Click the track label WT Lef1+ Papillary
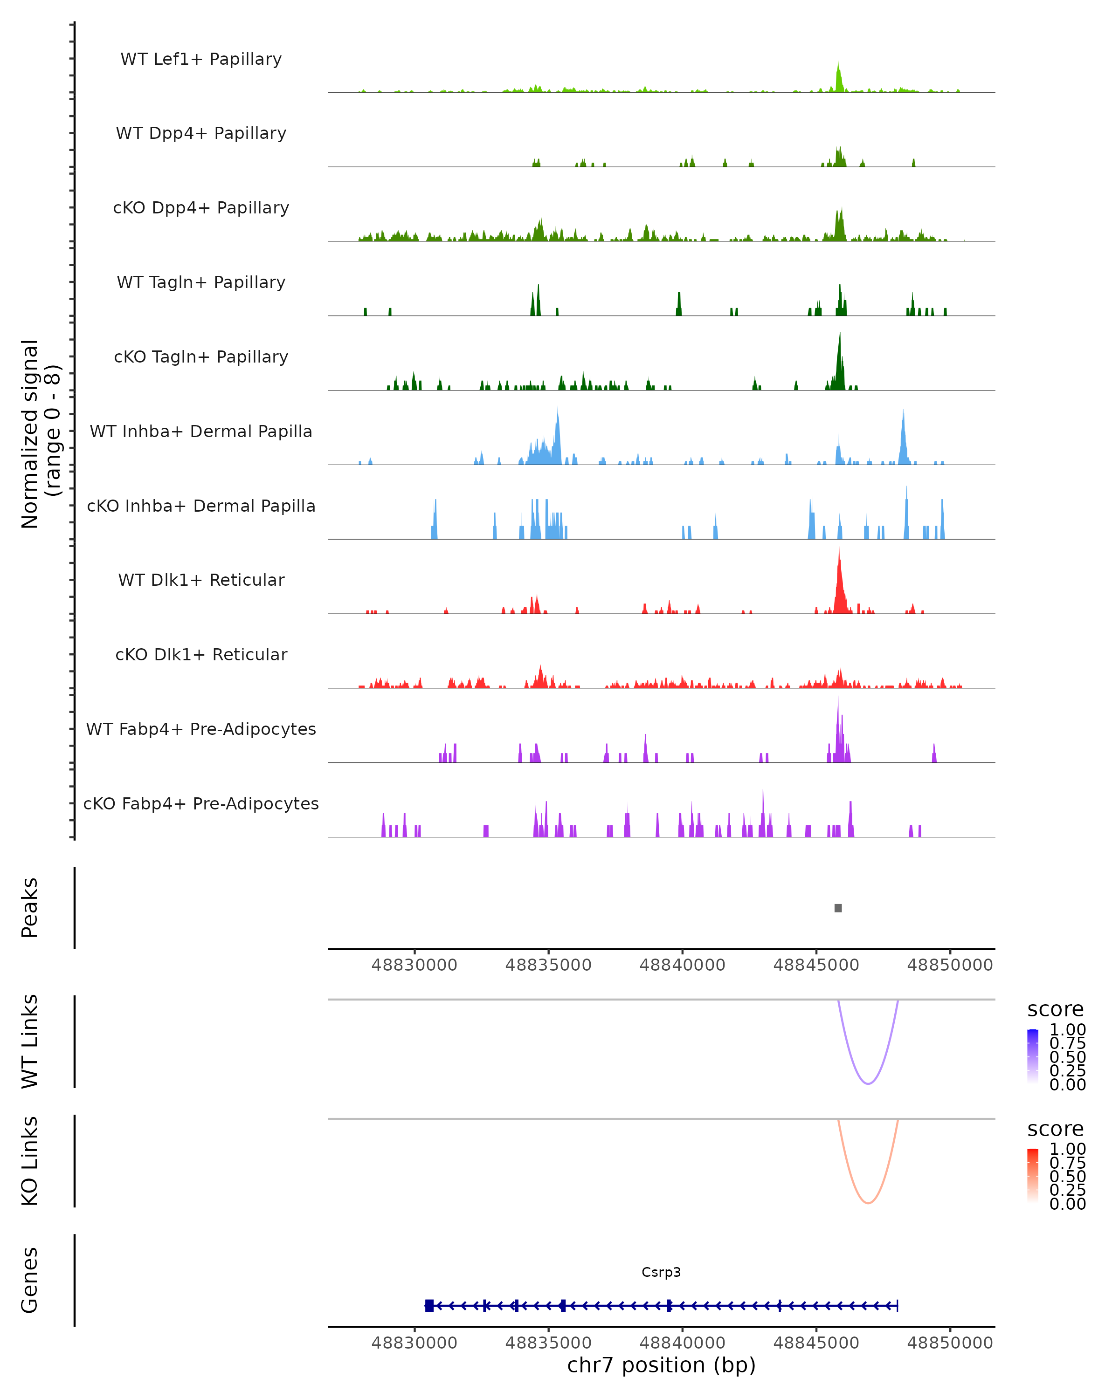(201, 59)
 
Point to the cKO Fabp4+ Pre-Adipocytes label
(201, 803)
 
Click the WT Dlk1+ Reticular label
(201, 580)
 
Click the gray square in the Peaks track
(838, 908)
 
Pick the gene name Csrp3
(661, 1272)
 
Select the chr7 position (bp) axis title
(661, 1365)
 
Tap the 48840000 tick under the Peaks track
(683, 965)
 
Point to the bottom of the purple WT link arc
(868, 1083)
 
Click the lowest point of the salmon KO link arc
(868, 1203)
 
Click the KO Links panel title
(30, 1161)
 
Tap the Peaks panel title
(30, 908)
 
